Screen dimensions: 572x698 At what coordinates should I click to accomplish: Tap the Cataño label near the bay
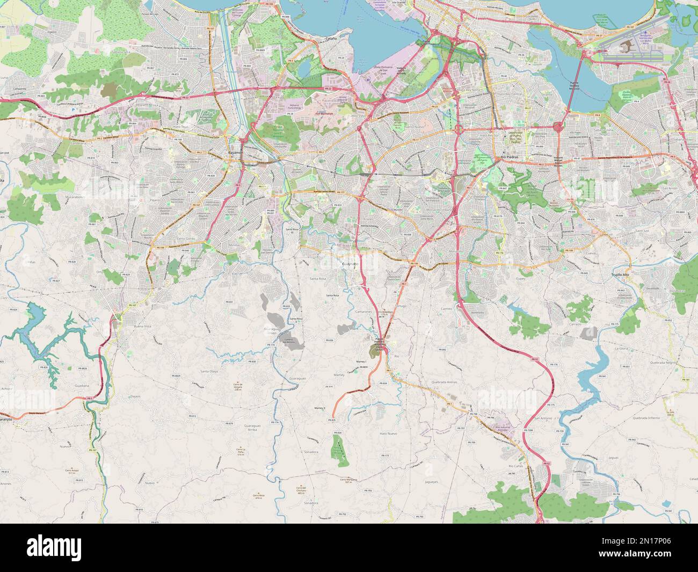click(331, 39)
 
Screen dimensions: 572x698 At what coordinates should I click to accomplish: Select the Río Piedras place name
click(510, 157)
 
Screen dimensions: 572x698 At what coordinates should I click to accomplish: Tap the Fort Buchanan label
click(324, 114)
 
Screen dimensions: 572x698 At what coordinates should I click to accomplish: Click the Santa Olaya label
click(209, 372)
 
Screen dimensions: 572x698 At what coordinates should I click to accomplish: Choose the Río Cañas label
click(515, 467)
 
